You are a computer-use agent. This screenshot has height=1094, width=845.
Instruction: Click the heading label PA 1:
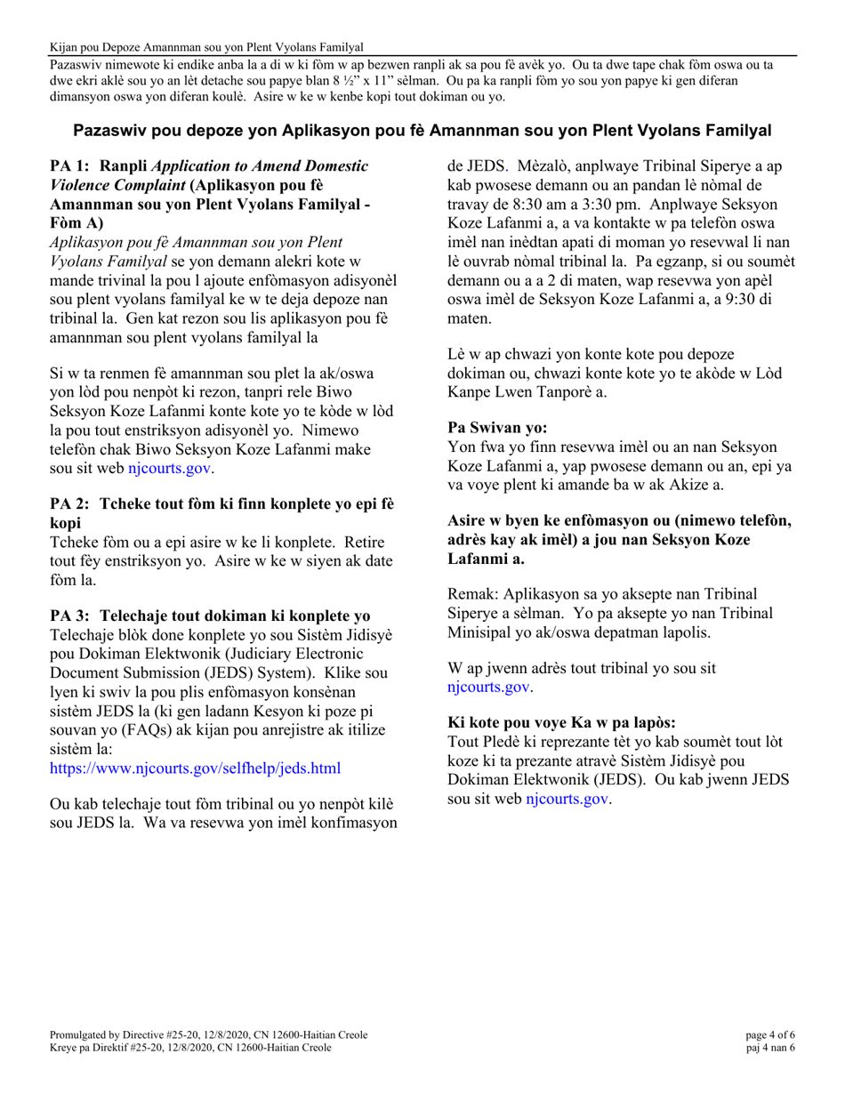(70, 166)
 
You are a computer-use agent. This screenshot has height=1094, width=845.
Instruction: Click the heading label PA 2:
(70, 504)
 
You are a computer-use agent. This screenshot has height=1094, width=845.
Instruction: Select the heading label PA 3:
(70, 616)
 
